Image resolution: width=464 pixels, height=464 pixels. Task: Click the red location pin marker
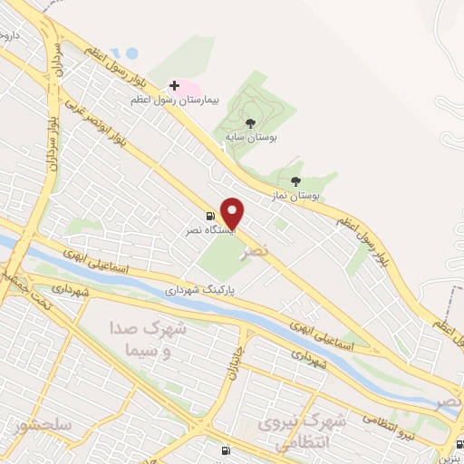(x=233, y=212)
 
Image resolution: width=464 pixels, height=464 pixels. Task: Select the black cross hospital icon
(x=174, y=85)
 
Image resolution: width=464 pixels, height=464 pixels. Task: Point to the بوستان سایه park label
(x=251, y=138)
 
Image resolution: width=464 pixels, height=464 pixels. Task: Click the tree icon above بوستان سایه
(x=250, y=123)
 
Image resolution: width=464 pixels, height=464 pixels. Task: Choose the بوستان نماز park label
(x=296, y=195)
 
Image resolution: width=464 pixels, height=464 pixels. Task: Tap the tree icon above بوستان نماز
(x=295, y=181)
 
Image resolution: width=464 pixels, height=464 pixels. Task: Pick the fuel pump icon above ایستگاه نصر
(x=210, y=217)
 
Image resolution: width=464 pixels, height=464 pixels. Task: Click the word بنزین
(x=453, y=457)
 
